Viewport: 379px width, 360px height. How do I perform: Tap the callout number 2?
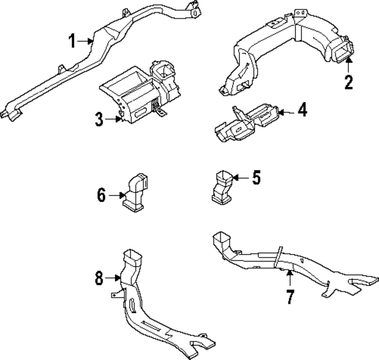(349, 82)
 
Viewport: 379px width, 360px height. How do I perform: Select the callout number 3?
(99, 120)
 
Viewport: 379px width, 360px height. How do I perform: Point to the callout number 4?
(301, 110)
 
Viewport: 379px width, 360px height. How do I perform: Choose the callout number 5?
(256, 177)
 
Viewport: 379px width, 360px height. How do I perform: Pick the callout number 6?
(101, 194)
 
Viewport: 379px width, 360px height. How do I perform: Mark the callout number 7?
(290, 296)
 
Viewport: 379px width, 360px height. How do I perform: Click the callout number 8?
(98, 277)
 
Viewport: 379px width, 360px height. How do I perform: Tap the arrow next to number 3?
(114, 120)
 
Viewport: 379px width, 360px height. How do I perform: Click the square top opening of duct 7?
(221, 239)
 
